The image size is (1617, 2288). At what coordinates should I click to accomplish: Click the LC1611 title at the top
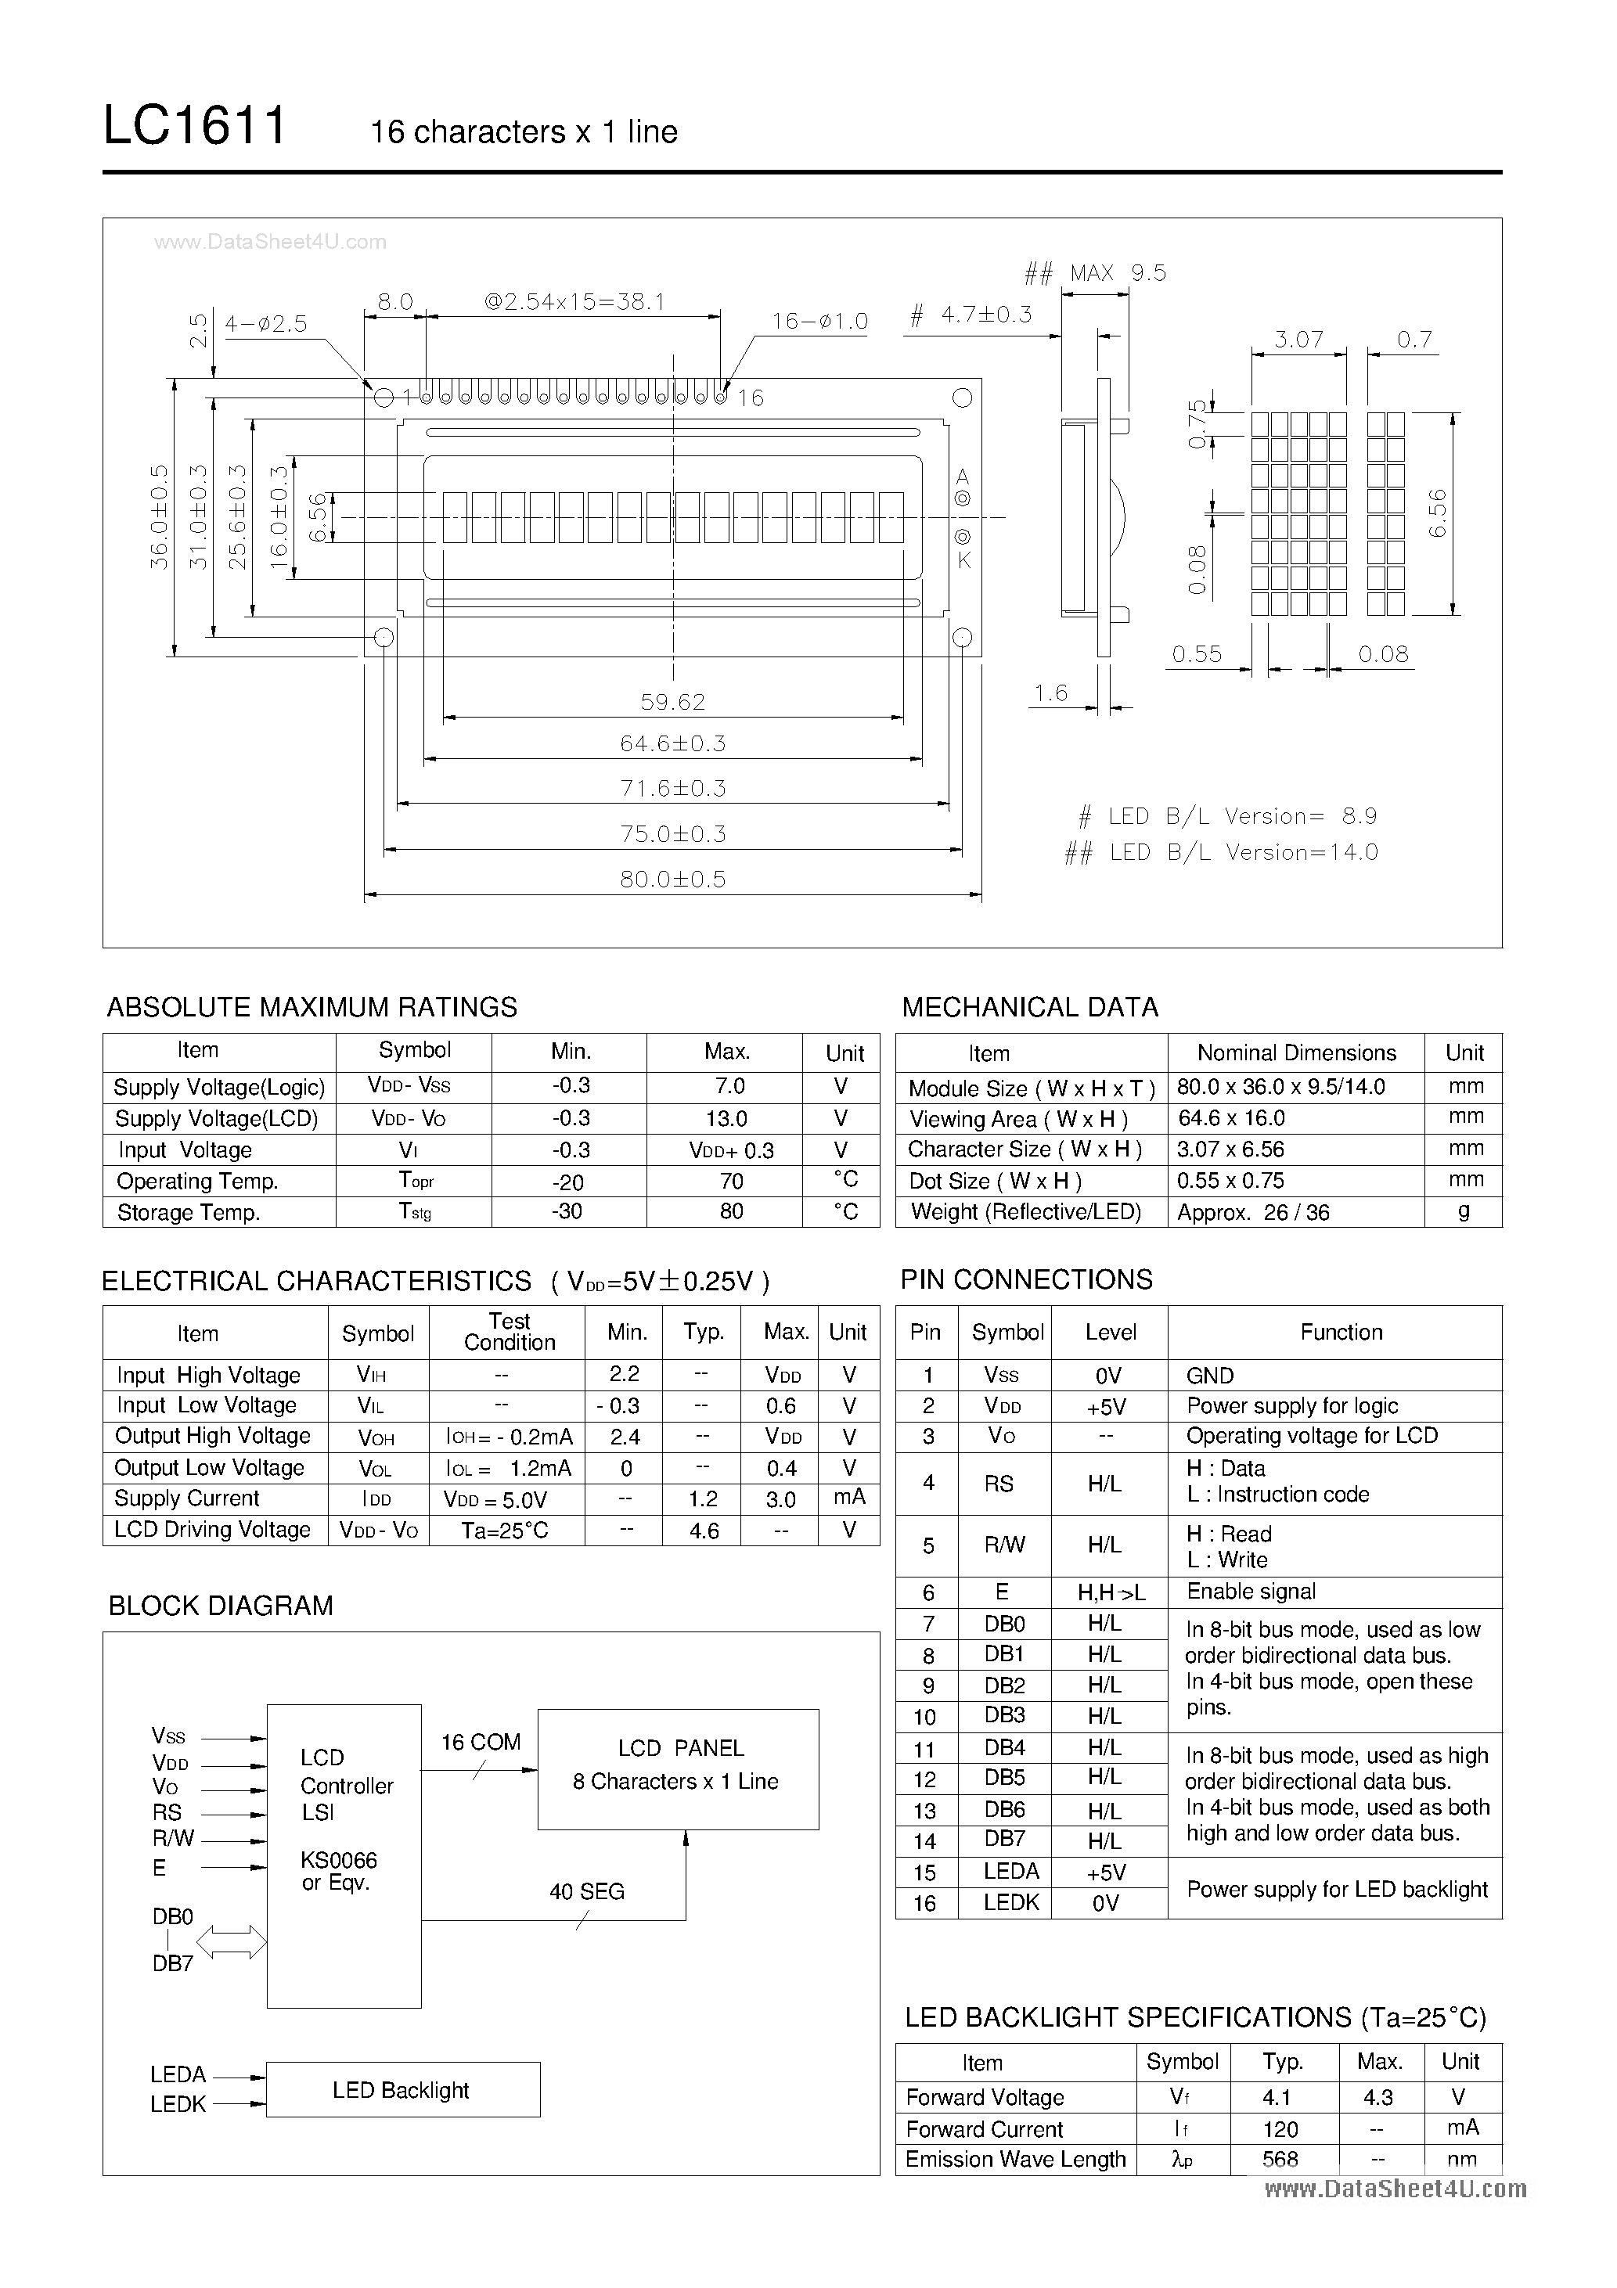[194, 128]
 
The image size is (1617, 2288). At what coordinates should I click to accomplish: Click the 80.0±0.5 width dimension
[673, 879]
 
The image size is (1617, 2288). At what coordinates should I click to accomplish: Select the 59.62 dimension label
[673, 702]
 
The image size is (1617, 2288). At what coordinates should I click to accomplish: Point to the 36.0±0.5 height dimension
[160, 516]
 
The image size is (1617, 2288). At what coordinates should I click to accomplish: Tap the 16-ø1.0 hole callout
[819, 322]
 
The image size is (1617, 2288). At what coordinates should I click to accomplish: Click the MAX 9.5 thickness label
[1117, 273]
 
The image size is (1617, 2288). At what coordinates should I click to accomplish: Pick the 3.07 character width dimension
[1298, 340]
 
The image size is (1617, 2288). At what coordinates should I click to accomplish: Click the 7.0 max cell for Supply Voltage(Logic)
[729, 1086]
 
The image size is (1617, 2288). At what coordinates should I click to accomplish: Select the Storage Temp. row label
[189, 1213]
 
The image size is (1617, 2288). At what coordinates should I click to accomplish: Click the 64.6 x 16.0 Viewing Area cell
[1230, 1118]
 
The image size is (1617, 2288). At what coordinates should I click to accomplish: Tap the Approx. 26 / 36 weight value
[1253, 1213]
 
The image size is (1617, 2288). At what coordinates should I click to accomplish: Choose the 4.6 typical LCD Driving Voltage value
[704, 1531]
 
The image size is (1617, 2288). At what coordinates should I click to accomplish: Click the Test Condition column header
[510, 1331]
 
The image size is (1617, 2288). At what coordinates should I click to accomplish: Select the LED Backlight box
[402, 2090]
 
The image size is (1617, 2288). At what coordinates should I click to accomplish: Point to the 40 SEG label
[586, 1891]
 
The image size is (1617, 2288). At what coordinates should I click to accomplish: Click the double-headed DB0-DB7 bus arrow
[232, 1941]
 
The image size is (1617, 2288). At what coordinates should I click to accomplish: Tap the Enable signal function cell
[1251, 1592]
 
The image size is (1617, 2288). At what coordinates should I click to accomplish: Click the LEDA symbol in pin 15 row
[1011, 1872]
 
